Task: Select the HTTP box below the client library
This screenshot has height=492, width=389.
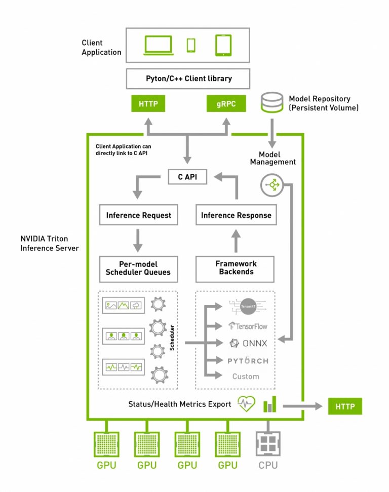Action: coord(148,105)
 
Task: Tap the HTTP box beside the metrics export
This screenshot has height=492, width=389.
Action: coord(345,406)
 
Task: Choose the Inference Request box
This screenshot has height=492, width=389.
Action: coord(138,215)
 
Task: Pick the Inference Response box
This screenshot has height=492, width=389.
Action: coord(236,215)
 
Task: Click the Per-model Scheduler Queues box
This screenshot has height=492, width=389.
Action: coord(138,269)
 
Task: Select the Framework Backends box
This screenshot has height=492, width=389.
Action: coord(236,269)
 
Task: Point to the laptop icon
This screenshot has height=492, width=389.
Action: coord(159,45)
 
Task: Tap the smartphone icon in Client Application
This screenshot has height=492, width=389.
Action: coord(191,45)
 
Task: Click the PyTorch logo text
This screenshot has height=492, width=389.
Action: coord(248,360)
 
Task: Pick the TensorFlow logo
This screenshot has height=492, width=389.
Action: coord(248,326)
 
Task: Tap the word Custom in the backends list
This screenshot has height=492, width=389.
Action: coord(246,376)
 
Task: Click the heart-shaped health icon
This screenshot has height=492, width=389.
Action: coord(247,404)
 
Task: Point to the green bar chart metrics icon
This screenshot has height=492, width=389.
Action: coord(269,404)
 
